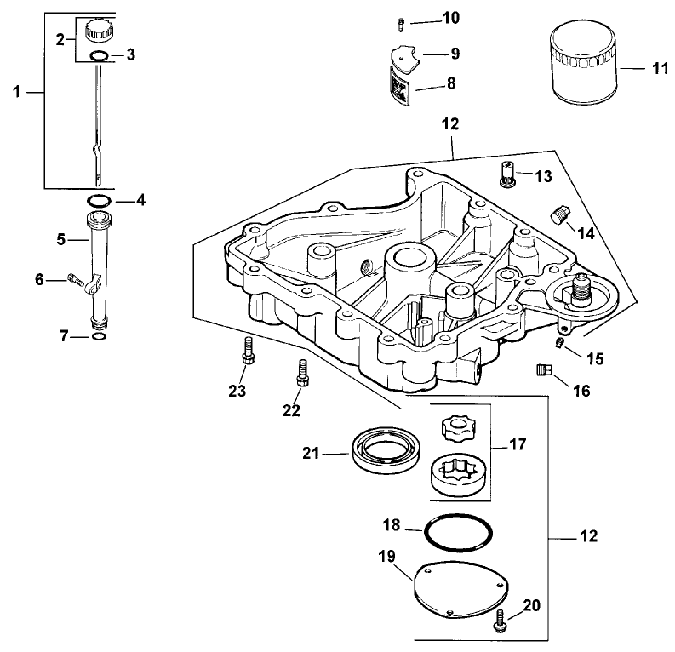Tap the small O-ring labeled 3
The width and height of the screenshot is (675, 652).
(x=99, y=56)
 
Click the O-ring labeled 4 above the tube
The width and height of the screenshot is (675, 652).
(x=99, y=201)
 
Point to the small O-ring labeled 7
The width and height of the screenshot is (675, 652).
(x=99, y=337)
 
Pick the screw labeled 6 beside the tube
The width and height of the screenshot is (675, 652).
(x=74, y=278)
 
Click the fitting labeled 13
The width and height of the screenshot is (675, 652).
(x=508, y=177)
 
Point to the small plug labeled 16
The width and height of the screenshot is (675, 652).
(x=543, y=369)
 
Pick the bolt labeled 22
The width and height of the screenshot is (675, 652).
(x=300, y=371)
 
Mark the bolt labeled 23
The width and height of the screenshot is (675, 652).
(x=248, y=350)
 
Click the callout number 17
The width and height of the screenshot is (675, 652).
(x=517, y=443)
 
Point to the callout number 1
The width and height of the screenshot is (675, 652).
(x=16, y=94)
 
